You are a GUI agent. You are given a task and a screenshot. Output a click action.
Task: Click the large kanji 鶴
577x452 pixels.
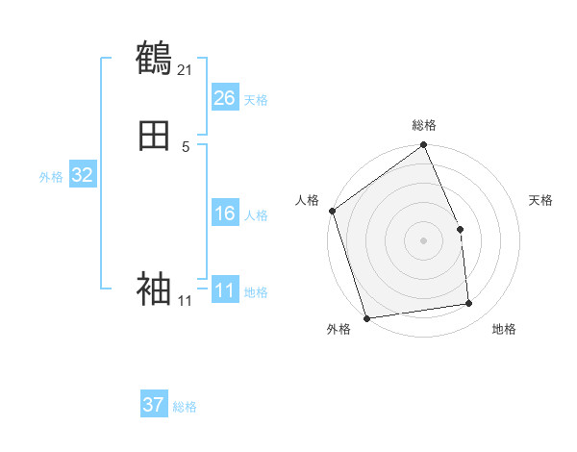point(154,58)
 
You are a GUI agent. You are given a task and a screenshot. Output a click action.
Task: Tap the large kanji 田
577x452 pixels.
point(154,137)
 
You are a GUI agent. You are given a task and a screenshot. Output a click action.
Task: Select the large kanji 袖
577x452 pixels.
point(154,288)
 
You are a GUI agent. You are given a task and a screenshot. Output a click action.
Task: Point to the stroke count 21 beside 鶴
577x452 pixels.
point(186,69)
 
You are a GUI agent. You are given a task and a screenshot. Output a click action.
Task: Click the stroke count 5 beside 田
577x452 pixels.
point(186,146)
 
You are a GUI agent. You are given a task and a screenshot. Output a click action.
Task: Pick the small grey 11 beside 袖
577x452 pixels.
point(185,301)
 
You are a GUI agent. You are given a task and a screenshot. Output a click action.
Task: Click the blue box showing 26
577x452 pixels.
point(225,98)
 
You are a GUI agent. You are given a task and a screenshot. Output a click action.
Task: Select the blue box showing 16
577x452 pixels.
point(225,213)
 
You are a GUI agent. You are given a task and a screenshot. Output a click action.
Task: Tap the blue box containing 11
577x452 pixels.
point(225,290)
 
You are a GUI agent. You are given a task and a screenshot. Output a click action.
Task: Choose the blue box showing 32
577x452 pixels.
point(82,175)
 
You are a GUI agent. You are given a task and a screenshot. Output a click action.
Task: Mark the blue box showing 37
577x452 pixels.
point(154,405)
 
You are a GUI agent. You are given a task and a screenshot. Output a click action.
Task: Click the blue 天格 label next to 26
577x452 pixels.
point(256,100)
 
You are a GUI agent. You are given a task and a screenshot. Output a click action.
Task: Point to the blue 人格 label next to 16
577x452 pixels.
point(256,215)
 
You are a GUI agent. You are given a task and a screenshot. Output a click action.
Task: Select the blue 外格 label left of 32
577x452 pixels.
point(51,177)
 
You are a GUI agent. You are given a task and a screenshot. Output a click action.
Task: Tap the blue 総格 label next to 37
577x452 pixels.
point(185,407)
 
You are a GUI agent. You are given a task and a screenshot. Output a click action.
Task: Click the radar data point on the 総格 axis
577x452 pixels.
point(423,145)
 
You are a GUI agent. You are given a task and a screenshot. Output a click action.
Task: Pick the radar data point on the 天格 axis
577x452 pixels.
point(460,229)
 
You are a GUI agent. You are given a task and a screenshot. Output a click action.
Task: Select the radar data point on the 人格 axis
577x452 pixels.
point(332,211)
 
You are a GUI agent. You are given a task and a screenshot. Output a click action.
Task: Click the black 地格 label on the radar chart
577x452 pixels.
point(504,330)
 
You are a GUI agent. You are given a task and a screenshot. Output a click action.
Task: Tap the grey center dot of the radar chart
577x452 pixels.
point(423,240)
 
